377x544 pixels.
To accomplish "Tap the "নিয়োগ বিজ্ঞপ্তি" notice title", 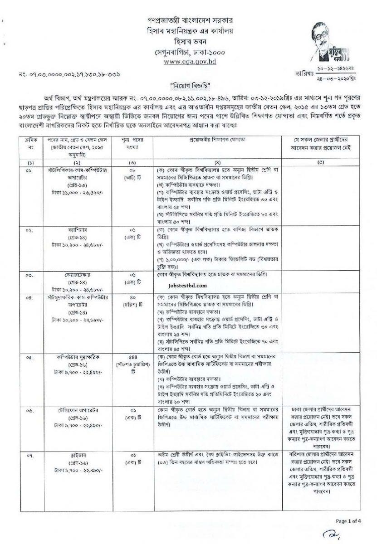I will pos(188,85).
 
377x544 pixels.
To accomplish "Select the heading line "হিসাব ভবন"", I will pos(188,41).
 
